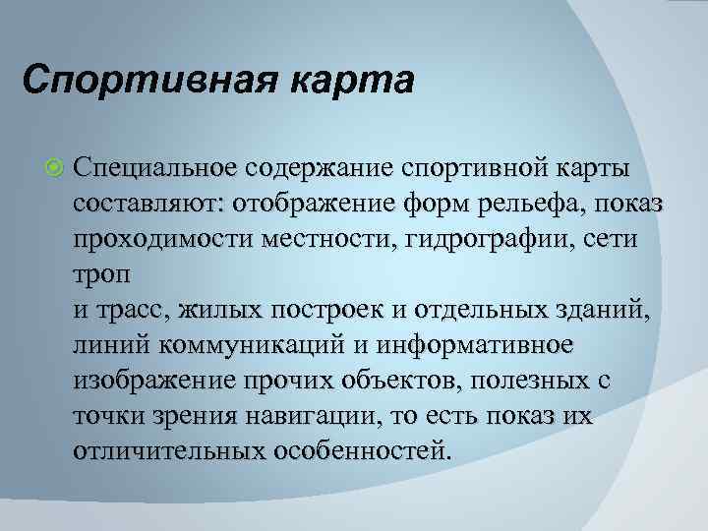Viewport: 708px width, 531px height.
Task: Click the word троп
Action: point(99,274)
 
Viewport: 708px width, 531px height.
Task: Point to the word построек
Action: point(340,310)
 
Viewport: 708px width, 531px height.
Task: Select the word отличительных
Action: point(169,451)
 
